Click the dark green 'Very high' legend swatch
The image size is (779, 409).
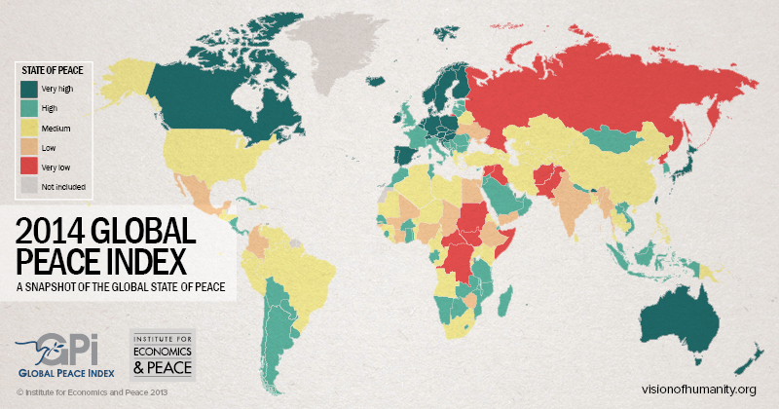(28, 88)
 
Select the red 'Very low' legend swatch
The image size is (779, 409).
(28, 166)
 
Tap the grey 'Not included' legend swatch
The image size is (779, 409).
(28, 185)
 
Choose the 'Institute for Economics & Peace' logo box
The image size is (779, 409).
(163, 354)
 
